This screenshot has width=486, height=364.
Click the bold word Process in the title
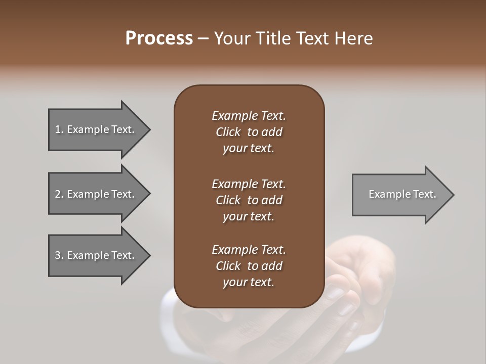159,38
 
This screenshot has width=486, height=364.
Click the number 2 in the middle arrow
58,194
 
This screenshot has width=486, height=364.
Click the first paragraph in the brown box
249,132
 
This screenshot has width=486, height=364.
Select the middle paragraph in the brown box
249,200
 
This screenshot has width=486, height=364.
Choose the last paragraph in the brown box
249,266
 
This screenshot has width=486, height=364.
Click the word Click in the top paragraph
228,132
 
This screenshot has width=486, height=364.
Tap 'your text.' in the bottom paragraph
249,282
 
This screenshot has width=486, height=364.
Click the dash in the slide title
204,39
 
